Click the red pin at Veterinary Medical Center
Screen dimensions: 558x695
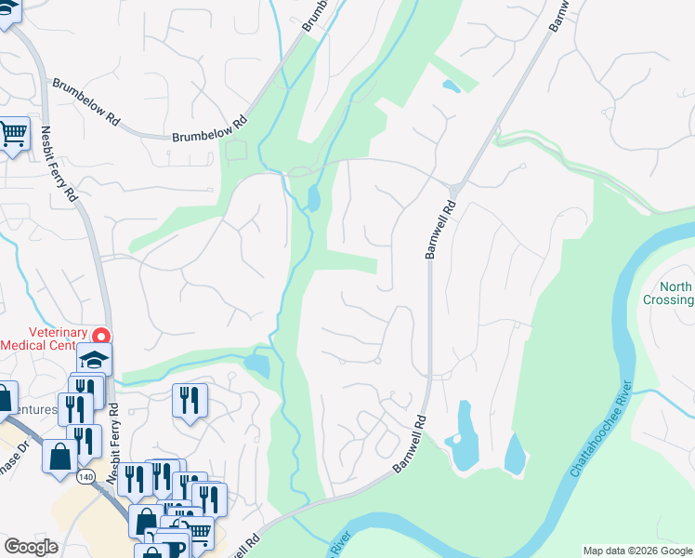(x=103, y=336)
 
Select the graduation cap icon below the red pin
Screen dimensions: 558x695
(x=95, y=359)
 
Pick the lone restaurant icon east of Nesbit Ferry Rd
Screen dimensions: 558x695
(x=190, y=401)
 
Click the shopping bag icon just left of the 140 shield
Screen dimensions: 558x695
(x=60, y=457)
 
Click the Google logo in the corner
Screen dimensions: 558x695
(x=31, y=547)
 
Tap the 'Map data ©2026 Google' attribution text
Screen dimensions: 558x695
(x=637, y=551)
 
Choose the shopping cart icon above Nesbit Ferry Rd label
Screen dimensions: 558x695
(x=13, y=134)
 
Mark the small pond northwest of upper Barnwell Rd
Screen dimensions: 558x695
(x=452, y=86)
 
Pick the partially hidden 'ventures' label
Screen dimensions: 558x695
(x=31, y=409)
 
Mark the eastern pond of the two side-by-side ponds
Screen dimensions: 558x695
(x=514, y=454)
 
